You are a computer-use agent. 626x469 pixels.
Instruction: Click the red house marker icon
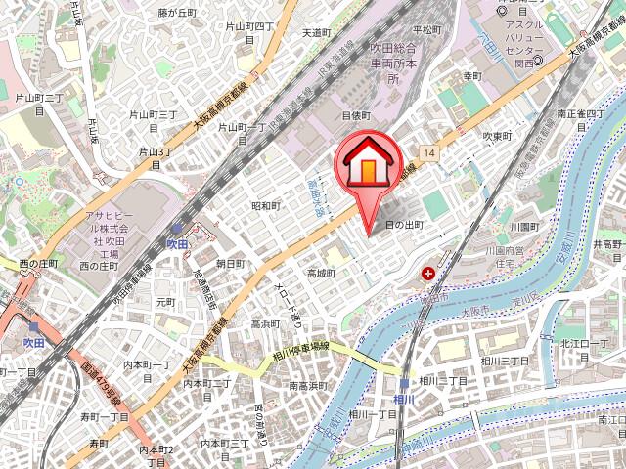point(367,162)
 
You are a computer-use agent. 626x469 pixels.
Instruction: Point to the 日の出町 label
point(404,225)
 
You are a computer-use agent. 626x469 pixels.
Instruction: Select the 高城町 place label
point(321,273)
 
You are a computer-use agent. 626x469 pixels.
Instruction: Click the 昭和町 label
point(265,206)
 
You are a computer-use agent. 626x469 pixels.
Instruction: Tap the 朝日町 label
point(230,264)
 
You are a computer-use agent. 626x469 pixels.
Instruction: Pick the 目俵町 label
point(354,115)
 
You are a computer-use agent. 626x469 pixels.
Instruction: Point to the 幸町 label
point(472,76)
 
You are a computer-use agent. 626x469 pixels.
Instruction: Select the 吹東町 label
point(498,136)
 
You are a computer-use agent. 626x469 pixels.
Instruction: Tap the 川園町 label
point(524,226)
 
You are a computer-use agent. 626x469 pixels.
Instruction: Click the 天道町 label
point(317,32)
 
